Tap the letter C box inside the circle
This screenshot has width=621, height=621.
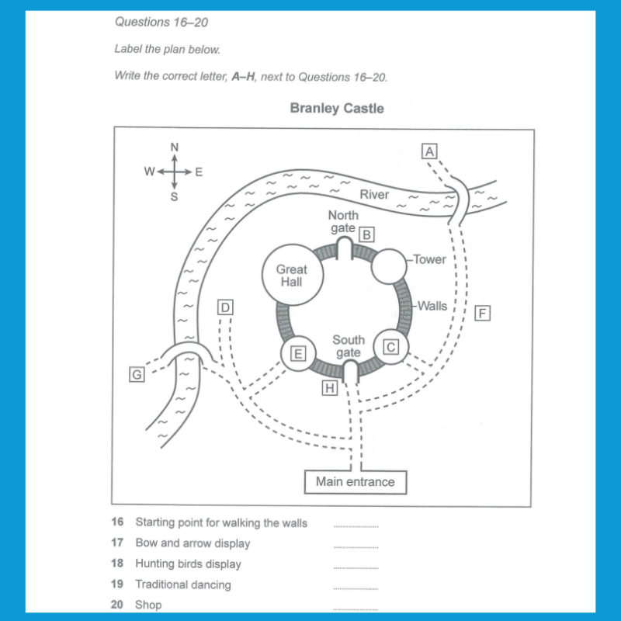392,347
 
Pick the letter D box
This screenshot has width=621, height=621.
225,307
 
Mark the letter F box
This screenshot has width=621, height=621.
484,314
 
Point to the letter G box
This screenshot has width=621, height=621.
137,375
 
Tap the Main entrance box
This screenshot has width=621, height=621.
355,482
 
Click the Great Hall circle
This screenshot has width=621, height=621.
292,276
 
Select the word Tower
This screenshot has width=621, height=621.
430,259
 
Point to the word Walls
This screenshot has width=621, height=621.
432,306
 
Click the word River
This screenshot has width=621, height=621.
374,194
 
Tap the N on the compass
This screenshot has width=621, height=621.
175,147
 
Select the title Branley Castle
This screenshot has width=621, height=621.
337,109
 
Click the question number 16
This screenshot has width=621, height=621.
117,522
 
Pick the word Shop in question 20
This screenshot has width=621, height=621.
148,605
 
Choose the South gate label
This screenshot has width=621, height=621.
349,346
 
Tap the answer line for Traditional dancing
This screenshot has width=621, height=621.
356,588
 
